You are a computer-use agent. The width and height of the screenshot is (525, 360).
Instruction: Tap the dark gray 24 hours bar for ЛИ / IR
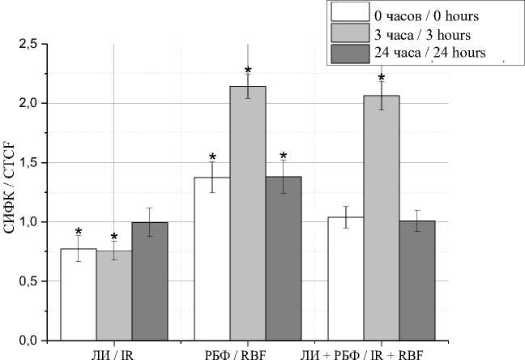150,281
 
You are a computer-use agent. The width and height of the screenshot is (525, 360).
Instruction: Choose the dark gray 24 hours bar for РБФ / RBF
284,259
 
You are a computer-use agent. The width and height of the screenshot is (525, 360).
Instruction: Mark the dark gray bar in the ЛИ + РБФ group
416,280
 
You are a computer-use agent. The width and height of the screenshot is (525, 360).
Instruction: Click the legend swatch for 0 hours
350,15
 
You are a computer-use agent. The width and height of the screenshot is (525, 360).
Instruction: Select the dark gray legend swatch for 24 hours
350,54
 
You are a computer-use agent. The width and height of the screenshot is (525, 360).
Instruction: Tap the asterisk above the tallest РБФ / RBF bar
248,71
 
